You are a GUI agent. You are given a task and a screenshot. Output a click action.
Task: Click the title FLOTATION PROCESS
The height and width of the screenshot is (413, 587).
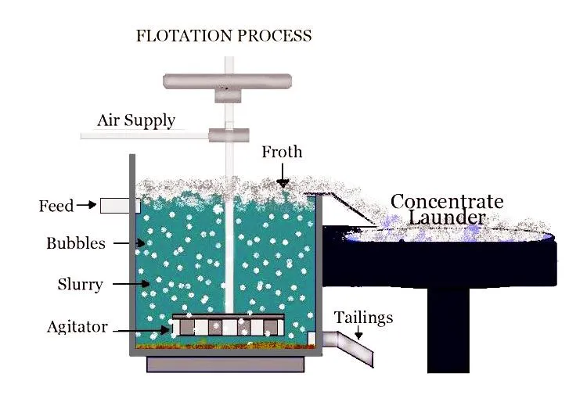pyautogui.click(x=224, y=36)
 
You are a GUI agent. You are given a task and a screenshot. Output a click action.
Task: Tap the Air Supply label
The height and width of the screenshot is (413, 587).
pyautogui.click(x=136, y=121)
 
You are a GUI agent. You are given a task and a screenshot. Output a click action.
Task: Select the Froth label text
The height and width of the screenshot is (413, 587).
pyautogui.click(x=282, y=152)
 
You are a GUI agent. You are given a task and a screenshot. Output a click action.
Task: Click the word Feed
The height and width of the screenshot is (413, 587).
pyautogui.click(x=56, y=206)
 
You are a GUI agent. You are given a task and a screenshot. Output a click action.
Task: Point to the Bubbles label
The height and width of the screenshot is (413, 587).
pyautogui.click(x=76, y=243)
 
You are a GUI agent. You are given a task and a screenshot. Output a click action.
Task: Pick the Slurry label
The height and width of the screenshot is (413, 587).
pyautogui.click(x=80, y=284)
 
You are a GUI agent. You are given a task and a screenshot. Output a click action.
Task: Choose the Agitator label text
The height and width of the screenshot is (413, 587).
pyautogui.click(x=77, y=327)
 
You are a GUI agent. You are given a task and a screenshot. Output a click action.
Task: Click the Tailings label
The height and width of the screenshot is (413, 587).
pyautogui.click(x=363, y=318)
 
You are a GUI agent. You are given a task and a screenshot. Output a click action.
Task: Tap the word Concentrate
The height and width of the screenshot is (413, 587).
pyautogui.click(x=447, y=202)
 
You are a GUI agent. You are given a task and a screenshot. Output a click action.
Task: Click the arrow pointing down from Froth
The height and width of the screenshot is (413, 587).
pyautogui.click(x=283, y=176)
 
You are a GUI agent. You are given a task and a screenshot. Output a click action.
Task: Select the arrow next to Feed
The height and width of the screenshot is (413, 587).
pyautogui.click(x=87, y=206)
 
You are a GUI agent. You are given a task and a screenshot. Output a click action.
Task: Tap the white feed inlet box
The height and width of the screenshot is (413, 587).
pyautogui.click(x=120, y=206)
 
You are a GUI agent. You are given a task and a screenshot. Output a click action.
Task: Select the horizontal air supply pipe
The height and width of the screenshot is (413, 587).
pyautogui.click(x=145, y=136)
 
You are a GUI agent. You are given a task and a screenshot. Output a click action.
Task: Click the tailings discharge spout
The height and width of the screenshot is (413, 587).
pyautogui.click(x=354, y=347)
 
